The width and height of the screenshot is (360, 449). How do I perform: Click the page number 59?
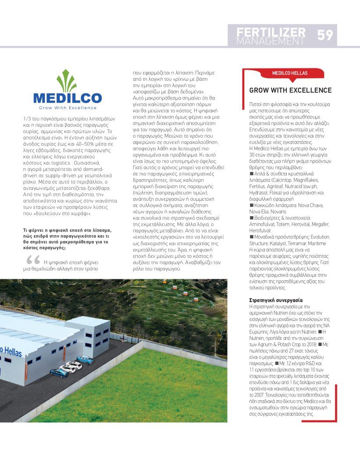pyautogui.click(x=325, y=35)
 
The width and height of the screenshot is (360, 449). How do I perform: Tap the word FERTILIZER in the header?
pyautogui.click(x=271, y=32)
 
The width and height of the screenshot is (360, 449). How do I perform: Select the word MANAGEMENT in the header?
pyautogui.click(x=271, y=41)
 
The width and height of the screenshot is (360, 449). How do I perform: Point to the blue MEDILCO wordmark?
pyautogui.click(x=68, y=98)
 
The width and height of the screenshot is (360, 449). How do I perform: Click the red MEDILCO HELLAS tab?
pyautogui.click(x=290, y=73)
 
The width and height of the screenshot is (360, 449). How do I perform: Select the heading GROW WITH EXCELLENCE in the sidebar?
pyautogui.click(x=290, y=90)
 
